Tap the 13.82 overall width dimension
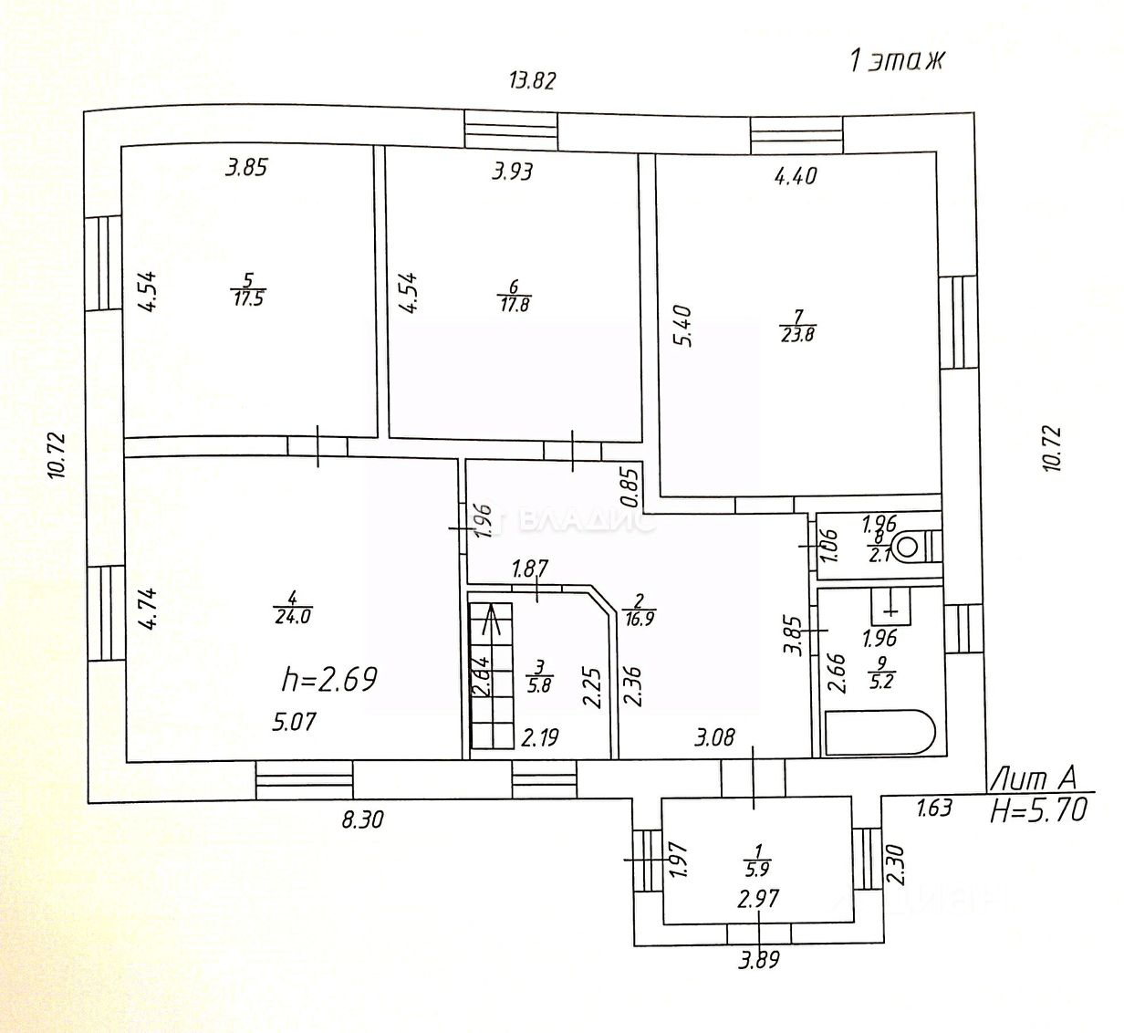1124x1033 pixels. click(x=532, y=80)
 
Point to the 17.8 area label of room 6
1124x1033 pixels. click(x=514, y=305)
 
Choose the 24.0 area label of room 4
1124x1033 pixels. click(x=292, y=615)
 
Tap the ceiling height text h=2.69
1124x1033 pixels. click(x=328, y=679)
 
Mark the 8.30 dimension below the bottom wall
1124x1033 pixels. click(x=362, y=819)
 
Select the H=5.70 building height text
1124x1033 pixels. click(x=1038, y=809)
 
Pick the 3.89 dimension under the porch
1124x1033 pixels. click(x=758, y=960)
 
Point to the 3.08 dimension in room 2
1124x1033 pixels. click(x=714, y=736)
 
